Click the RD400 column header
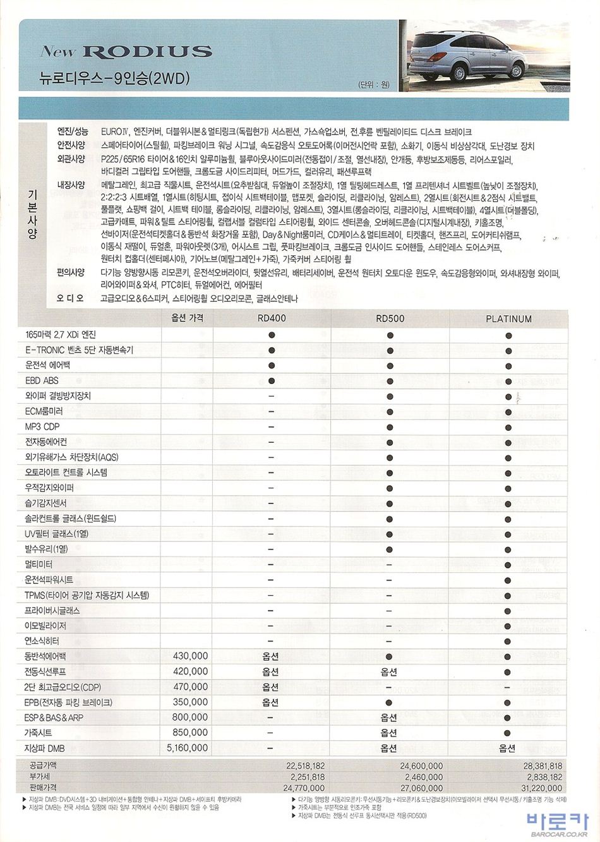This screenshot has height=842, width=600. coord(271,318)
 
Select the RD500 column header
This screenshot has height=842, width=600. coord(390,318)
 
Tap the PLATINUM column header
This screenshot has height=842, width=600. coord(508,319)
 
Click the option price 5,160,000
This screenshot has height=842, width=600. coord(186,748)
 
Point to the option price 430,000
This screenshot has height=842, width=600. coord(190,656)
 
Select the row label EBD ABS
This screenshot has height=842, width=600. coord(42,380)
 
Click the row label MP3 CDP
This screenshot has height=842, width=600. coord(42,426)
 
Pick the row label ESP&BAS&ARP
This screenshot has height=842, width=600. coord(54,718)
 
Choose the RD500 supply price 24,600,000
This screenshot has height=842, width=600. coord(421,766)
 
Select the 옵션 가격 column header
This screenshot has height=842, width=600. coord(188,318)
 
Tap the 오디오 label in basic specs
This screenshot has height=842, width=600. coord(71,298)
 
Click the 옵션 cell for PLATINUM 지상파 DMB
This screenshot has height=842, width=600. coord(507,749)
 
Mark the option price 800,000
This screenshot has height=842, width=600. coord(190,718)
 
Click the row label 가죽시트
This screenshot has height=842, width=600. coord(39,733)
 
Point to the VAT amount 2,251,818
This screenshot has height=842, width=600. coord(308,777)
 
